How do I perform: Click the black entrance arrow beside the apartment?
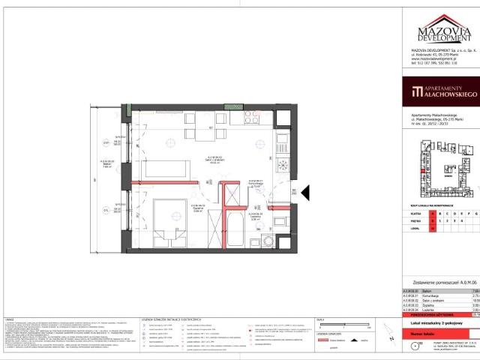point(305,193)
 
